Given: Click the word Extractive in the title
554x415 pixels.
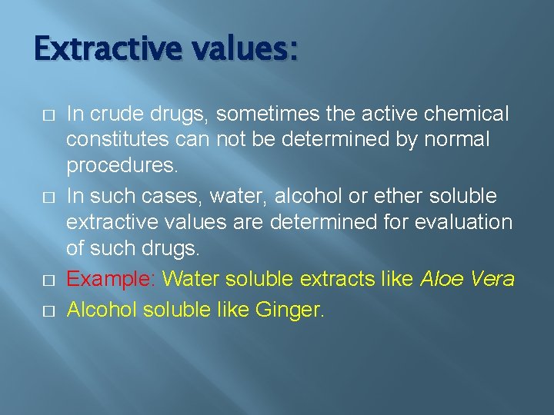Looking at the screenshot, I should click(x=107, y=49).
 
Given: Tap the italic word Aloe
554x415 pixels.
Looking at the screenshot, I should click(x=441, y=278).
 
